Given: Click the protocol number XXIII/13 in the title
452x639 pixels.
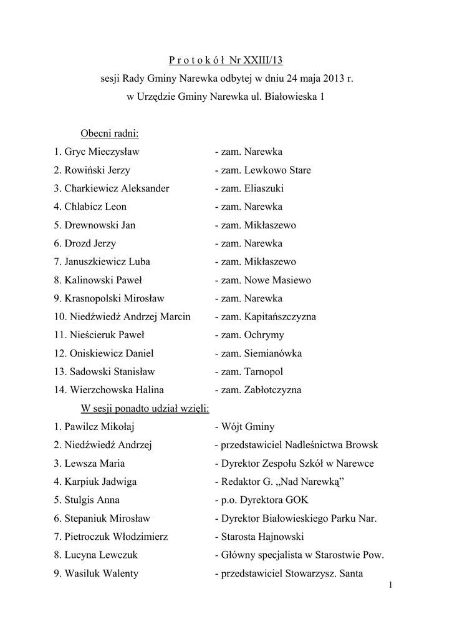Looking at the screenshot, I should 264,61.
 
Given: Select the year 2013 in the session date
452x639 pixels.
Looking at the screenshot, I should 317,79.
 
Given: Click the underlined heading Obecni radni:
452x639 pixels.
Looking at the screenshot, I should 110,134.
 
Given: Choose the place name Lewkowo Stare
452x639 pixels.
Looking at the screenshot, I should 277,170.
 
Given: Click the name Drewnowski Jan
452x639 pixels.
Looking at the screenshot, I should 100,225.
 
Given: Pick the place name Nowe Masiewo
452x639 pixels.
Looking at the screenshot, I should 277,280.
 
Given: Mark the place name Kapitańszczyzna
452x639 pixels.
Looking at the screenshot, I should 280,316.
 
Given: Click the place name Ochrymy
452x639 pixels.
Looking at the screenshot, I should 264,335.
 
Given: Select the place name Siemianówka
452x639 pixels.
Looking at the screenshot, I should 273,353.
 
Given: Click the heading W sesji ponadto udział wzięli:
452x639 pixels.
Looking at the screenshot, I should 145,409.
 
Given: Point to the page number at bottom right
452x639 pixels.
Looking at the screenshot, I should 389,585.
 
